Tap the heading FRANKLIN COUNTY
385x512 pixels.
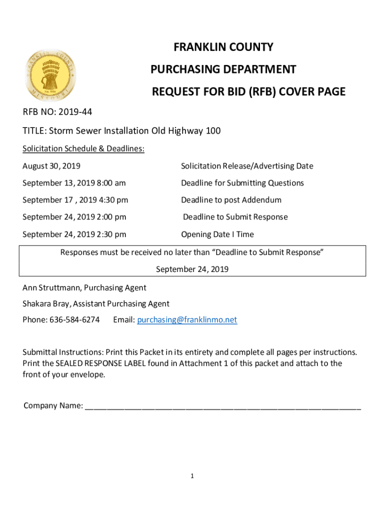tap(223, 47)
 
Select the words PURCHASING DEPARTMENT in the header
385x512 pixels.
tap(223, 69)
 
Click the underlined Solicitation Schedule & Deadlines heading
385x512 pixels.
tap(83, 148)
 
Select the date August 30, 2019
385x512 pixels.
tap(51, 166)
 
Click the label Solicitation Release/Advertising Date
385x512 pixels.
tap(247, 166)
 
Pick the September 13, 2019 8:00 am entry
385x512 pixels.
tap(74, 183)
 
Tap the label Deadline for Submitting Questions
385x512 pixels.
tap(242, 183)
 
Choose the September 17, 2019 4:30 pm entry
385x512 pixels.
tap(75, 200)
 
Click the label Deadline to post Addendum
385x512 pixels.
tap(231, 200)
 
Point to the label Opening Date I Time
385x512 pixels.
tap(217, 234)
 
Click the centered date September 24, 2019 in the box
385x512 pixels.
tap(192, 269)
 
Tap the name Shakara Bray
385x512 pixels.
tap(46, 303)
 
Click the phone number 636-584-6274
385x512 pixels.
tap(74, 319)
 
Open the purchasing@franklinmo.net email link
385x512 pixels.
tap(187, 320)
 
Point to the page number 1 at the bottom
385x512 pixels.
tap(192, 476)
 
